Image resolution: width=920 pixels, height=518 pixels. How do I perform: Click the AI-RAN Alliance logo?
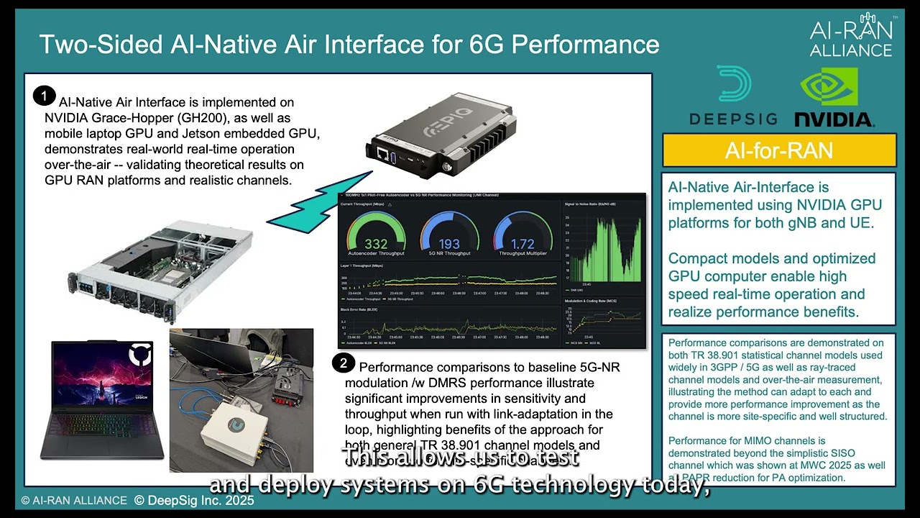pyautogui.click(x=851, y=36)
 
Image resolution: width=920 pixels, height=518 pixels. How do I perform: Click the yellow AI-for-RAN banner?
pyautogui.click(x=778, y=150)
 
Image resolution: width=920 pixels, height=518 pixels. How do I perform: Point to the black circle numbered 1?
pyautogui.click(x=44, y=96)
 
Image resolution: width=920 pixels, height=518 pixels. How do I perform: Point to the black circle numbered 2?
pyautogui.click(x=344, y=363)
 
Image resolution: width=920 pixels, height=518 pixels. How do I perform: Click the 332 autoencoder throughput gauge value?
pyautogui.click(x=376, y=244)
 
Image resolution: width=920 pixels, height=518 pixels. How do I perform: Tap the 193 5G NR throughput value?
pyautogui.click(x=449, y=244)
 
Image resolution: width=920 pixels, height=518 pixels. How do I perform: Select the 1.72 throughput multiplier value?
pyautogui.click(x=523, y=244)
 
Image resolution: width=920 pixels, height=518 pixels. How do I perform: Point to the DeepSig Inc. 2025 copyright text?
pyautogui.click(x=194, y=500)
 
